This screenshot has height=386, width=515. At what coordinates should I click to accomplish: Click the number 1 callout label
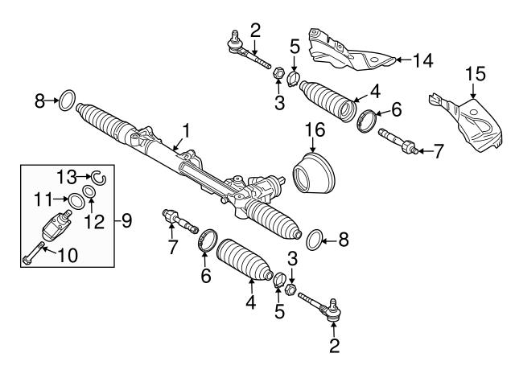[x=186, y=129]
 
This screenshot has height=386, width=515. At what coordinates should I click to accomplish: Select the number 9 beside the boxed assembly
[x=126, y=218]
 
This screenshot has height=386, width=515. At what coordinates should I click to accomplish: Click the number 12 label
[x=97, y=220]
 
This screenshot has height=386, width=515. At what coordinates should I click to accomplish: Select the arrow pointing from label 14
[x=400, y=59]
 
